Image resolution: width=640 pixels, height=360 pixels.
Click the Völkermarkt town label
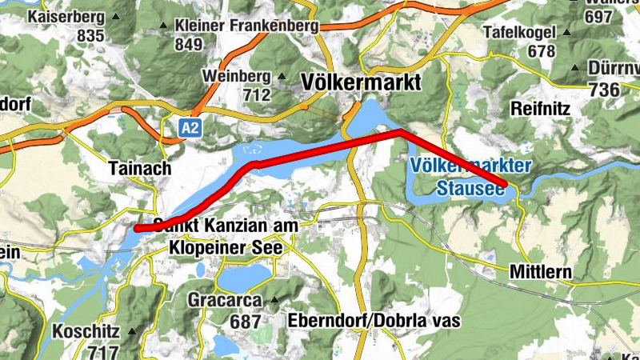[x=361, y=82]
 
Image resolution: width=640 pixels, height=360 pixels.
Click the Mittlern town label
[x=540, y=273]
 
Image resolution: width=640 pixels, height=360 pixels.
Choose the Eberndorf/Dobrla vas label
[x=377, y=321]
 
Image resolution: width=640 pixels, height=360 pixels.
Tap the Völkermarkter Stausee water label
[x=469, y=178]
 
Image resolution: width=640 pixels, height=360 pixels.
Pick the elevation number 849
[x=189, y=45]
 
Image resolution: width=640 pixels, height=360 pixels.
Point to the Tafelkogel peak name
[x=519, y=33]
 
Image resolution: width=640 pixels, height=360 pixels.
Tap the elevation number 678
[x=542, y=50]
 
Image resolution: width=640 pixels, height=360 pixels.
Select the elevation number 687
[x=245, y=322]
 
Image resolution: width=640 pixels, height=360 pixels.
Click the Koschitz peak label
[x=86, y=331]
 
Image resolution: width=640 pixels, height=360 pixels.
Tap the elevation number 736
[x=604, y=89]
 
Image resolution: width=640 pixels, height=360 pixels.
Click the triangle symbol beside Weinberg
[x=282, y=77]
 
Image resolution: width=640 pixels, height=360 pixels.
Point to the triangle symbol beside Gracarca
[x=274, y=301]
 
